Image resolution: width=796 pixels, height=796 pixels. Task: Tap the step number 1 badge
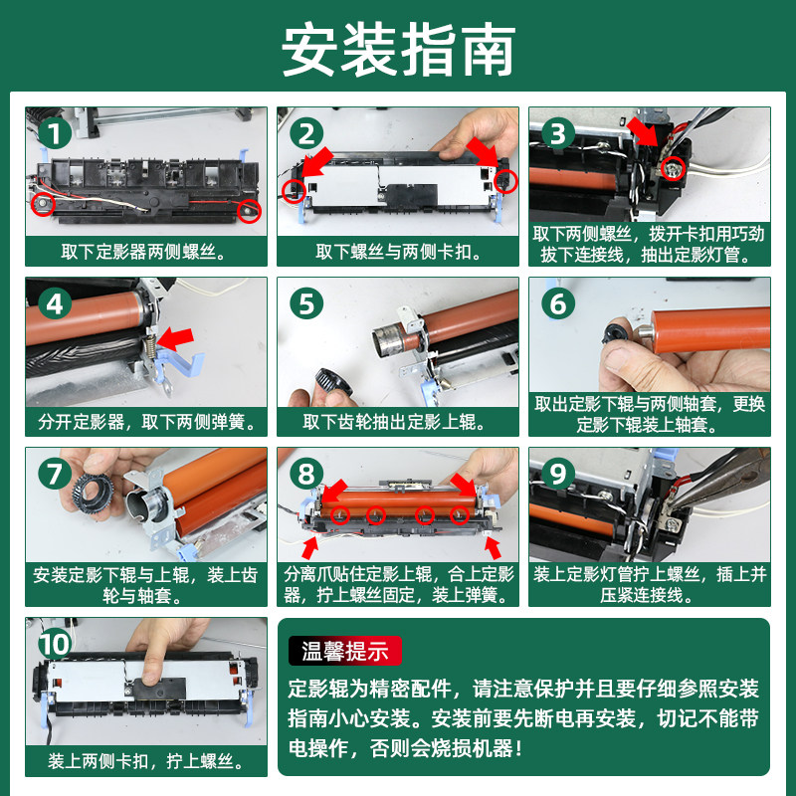click(55, 133)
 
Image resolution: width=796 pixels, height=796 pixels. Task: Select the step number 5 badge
click(306, 303)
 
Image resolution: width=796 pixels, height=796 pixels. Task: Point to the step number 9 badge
click(558, 474)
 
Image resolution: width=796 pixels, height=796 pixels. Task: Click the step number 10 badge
click(55, 644)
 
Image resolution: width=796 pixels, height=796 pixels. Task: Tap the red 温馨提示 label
click(345, 651)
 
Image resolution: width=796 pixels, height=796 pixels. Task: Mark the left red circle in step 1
click(43, 204)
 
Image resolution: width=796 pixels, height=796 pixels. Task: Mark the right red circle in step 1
click(249, 210)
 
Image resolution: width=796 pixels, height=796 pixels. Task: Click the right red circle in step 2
click(505, 181)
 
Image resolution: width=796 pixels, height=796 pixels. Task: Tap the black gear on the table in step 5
click(333, 383)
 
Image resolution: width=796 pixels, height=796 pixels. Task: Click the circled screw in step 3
click(674, 168)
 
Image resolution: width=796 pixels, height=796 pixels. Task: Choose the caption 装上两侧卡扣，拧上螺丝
click(146, 761)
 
